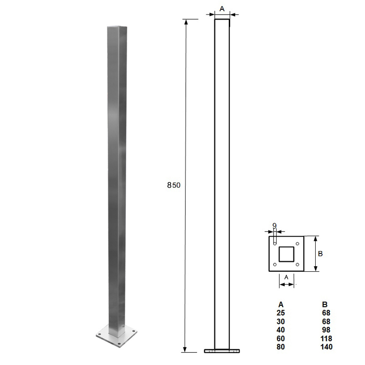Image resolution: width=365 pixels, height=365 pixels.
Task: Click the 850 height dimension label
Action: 173,185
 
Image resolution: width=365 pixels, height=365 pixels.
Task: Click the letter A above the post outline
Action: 222,9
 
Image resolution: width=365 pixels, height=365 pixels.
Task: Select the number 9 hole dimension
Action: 274,225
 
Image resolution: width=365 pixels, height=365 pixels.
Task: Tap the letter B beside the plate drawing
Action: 320,254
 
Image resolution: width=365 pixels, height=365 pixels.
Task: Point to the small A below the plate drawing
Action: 286,277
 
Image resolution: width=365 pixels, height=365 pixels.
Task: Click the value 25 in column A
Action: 281,313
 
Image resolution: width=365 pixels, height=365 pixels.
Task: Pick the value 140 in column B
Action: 326,347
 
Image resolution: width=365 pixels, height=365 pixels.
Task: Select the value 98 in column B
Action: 326,330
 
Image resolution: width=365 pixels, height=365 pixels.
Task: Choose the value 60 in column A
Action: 281,338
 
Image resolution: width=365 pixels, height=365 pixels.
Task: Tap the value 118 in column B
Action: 326,338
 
